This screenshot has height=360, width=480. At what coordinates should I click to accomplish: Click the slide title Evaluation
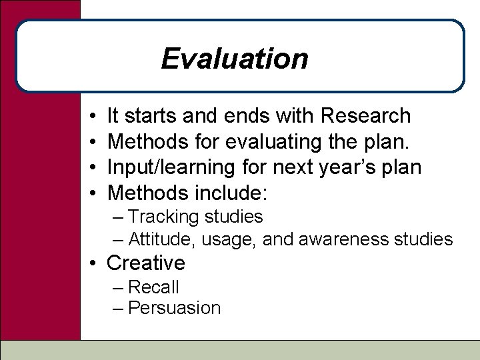pos(235,59)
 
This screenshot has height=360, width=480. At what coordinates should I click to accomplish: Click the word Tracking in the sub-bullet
pos(160,217)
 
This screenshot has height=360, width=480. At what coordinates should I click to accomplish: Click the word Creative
pos(146,263)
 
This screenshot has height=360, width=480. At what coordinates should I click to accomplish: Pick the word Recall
pos(153,287)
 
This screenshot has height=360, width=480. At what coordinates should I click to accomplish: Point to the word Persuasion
pos(174,308)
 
